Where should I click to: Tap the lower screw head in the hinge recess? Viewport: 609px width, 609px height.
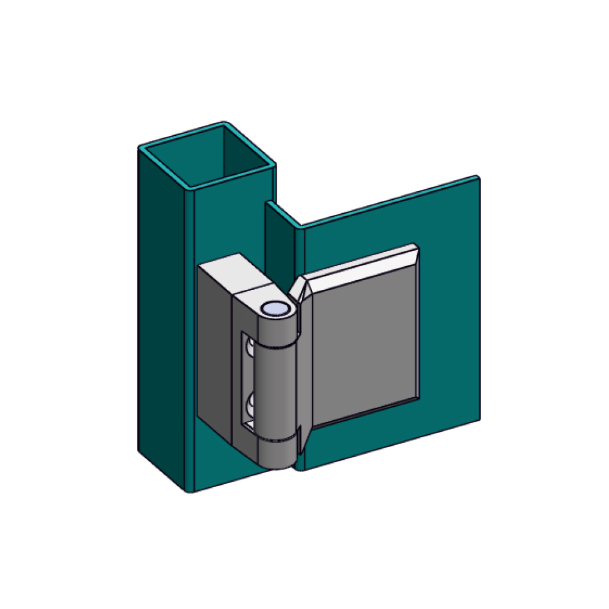[x=250, y=405]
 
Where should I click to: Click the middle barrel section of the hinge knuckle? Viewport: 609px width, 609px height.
[x=278, y=390]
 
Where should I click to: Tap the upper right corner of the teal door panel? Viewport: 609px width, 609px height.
[x=476, y=178]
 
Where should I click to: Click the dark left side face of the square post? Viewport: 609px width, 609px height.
[x=161, y=304]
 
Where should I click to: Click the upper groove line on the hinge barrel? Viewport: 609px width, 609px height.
[x=278, y=346]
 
